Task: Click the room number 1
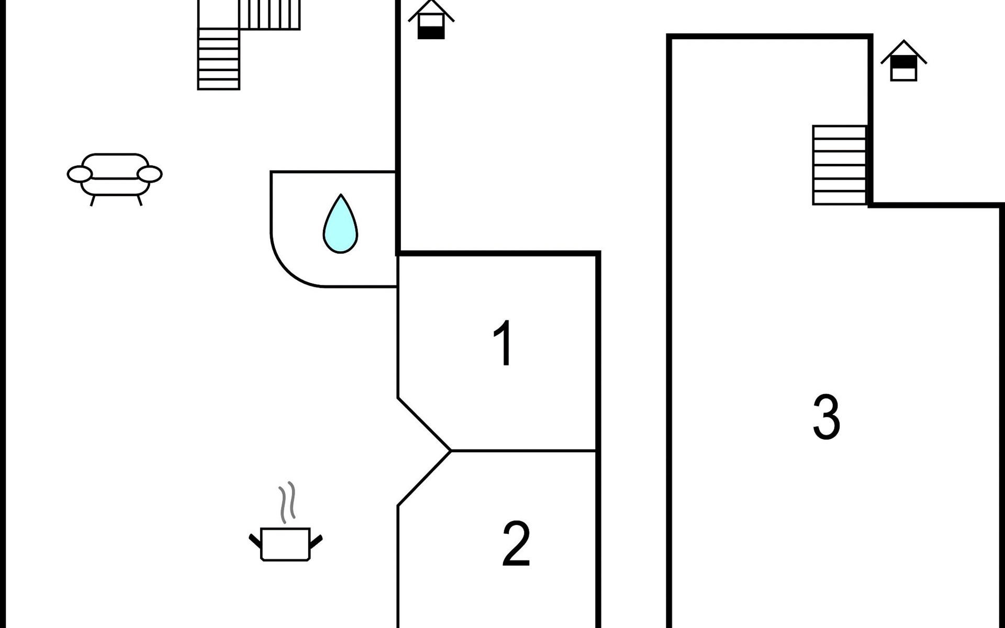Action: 504,343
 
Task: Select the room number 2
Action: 516,544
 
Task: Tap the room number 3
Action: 827,417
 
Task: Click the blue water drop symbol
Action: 340,224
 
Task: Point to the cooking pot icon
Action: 285,544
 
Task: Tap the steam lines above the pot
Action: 287,502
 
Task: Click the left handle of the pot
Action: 255,541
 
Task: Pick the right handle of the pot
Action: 316,541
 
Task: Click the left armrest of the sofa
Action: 80,174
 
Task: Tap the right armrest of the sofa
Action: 150,174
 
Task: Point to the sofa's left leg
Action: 93,200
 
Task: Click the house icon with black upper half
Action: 904,61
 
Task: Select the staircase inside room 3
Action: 840,165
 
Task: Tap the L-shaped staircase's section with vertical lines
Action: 270,15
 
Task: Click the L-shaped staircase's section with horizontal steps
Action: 219,59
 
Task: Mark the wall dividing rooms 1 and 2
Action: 523,450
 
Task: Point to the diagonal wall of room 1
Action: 424,424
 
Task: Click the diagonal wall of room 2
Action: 424,478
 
